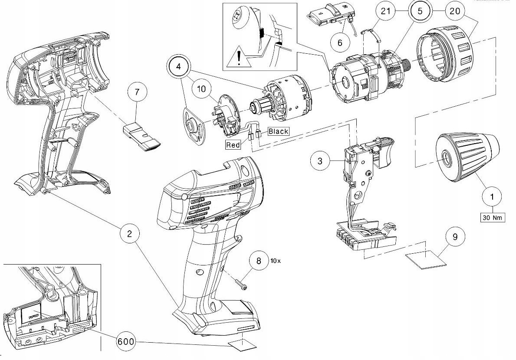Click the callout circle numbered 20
(x=454, y=12)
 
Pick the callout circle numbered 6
(x=340, y=43)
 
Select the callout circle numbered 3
(x=320, y=161)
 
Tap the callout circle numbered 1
(x=492, y=197)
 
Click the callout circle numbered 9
(x=455, y=237)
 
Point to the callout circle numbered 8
(x=259, y=261)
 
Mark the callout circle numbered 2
(x=129, y=233)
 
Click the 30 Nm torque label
(x=492, y=217)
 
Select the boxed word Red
(x=233, y=145)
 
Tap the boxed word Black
(x=278, y=131)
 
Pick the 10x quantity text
(x=276, y=261)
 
